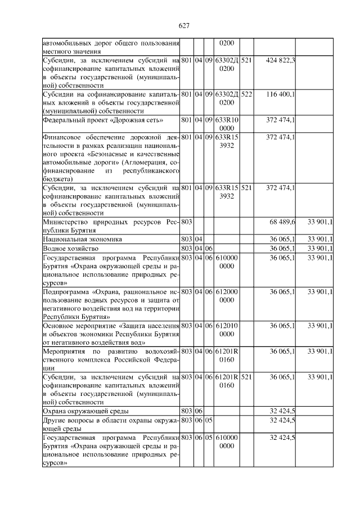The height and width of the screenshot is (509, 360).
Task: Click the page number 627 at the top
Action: pos(183,25)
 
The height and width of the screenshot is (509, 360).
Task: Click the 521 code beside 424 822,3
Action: pos(246,60)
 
